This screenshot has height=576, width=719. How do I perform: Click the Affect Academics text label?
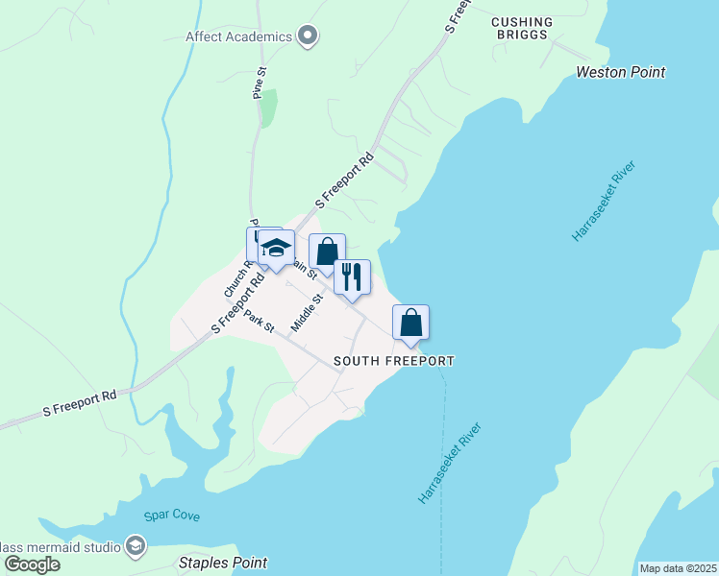(238, 37)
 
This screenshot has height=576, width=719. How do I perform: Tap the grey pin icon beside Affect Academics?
(308, 36)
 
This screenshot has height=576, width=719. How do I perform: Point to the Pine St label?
(258, 84)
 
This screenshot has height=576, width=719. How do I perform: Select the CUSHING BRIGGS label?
(522, 29)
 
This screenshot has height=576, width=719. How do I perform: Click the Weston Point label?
(620, 72)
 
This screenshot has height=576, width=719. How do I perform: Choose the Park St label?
(259, 321)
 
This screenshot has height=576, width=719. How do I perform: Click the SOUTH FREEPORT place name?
(393, 362)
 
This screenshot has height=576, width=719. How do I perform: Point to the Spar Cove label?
(172, 516)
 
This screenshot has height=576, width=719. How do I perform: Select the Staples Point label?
(223, 563)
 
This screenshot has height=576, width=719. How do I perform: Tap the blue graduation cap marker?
(276, 248)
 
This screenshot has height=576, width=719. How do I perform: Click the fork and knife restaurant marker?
(352, 276)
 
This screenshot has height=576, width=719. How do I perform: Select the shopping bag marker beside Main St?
(327, 252)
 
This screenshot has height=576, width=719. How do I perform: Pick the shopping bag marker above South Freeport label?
(410, 322)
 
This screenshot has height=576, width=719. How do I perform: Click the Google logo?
(32, 564)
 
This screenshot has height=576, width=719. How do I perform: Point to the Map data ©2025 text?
(677, 568)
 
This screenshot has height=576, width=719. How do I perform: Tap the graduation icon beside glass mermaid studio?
(136, 546)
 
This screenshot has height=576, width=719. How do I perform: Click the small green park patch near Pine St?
(269, 108)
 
